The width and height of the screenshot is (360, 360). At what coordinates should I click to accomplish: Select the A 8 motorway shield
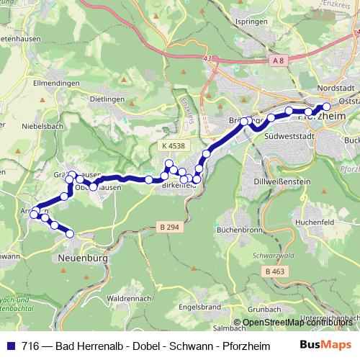(279, 63)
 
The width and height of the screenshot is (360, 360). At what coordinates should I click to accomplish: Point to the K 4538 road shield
(174, 146)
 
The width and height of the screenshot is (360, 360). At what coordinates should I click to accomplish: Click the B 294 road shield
(168, 228)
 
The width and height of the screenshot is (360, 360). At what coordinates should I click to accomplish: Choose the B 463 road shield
(275, 271)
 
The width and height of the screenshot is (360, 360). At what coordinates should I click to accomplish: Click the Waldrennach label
(127, 297)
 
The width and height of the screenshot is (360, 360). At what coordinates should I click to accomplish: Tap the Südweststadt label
(288, 135)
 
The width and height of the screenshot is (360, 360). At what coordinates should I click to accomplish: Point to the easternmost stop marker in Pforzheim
(326, 107)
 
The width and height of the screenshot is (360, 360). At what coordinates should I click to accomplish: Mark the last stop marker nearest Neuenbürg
(70, 233)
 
